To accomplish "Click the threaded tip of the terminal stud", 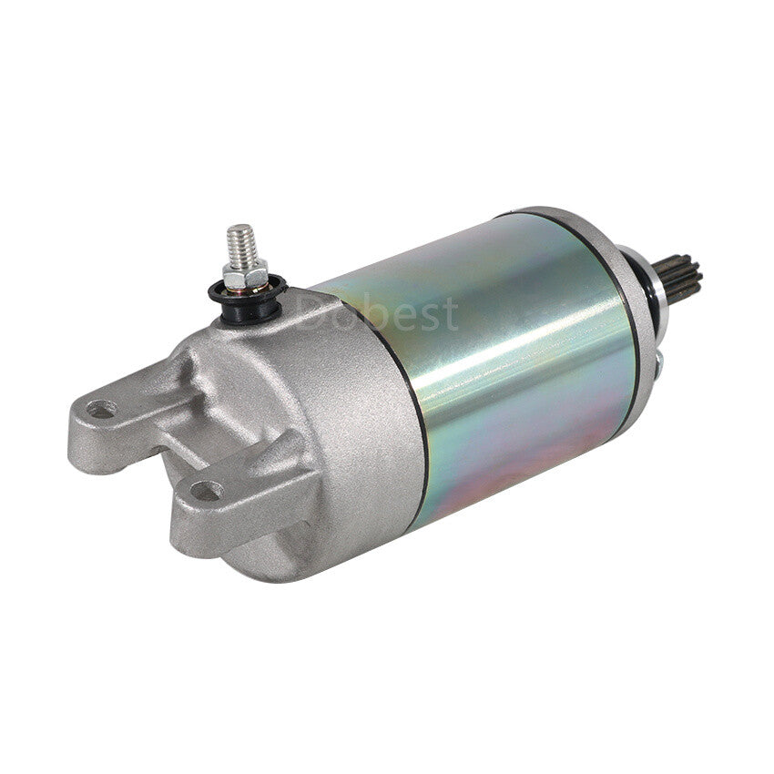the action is [239, 244].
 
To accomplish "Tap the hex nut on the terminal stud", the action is [245, 275].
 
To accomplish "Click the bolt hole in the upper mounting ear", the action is [102, 409].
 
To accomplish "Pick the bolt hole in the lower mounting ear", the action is [207, 491].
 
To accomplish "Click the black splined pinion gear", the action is [677, 279].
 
